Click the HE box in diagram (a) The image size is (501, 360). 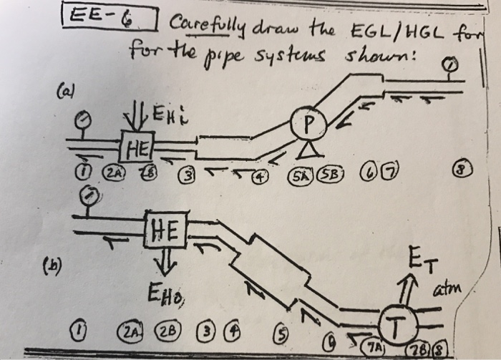coord(136,148)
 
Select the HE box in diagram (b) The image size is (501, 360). coord(165,229)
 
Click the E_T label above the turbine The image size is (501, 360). coord(422,260)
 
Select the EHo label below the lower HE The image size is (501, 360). coord(162,294)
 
